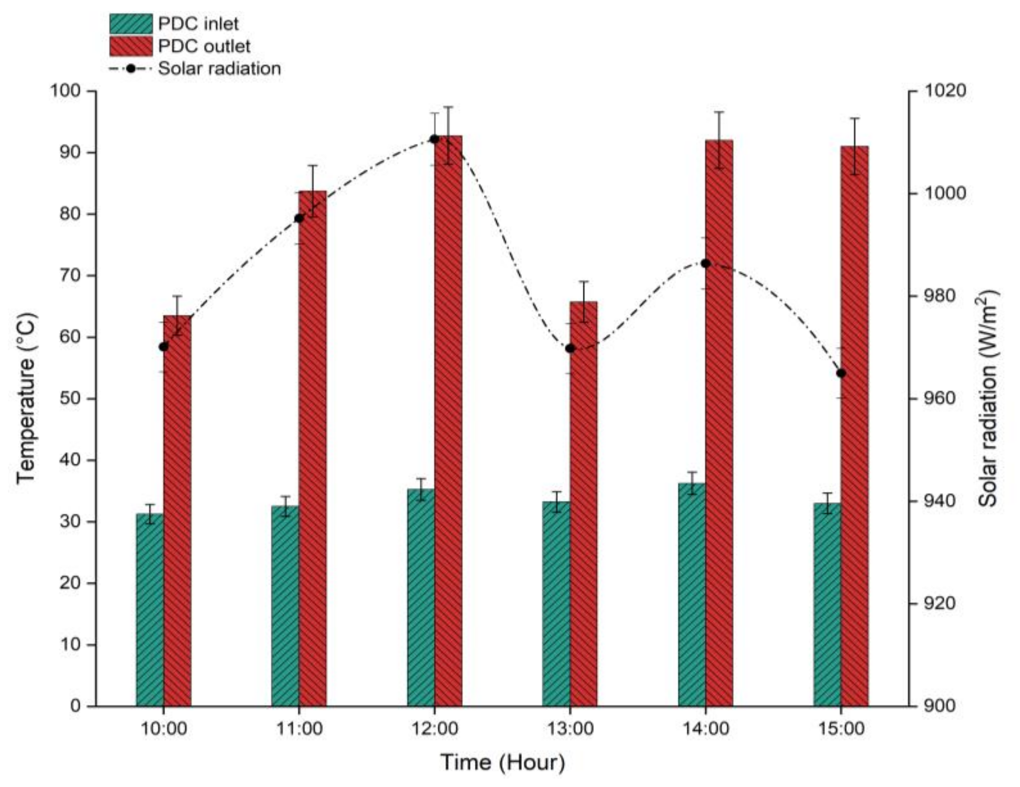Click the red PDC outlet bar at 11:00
pos(312,448)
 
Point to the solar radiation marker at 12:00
pos(434,139)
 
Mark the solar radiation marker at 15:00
pos(841,373)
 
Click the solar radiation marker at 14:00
pos(706,264)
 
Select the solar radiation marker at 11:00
pos(299,219)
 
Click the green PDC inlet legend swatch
pos(131,24)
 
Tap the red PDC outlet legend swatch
pos(131,46)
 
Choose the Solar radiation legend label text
pos(219,68)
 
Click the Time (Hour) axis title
pos(503,763)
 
